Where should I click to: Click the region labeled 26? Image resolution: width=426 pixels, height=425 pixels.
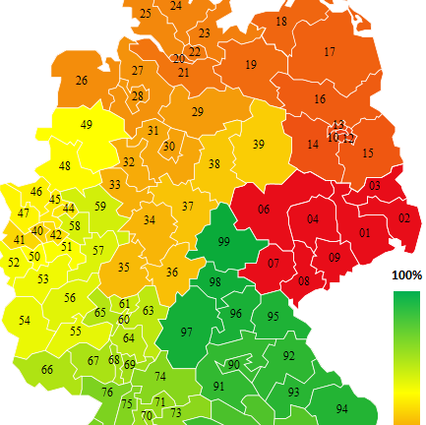pos(81,81)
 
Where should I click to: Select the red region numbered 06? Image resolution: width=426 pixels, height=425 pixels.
pos(264,210)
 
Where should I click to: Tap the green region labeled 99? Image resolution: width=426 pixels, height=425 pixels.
pos(224,242)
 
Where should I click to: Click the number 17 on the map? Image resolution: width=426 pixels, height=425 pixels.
pos(330,52)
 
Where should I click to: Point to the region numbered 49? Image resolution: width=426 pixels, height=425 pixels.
pos(87,125)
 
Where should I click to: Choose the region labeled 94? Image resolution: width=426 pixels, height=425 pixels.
pos(341,408)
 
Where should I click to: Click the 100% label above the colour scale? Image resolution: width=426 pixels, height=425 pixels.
pos(406,274)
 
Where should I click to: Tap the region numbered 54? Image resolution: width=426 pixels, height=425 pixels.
pos(25,321)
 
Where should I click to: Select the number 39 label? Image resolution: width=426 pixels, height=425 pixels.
pos(259,144)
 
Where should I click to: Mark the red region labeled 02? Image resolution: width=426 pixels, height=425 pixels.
pos(403,217)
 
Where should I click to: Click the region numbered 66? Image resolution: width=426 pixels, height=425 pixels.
pos(46,370)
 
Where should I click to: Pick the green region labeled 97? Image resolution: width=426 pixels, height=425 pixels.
pos(187,333)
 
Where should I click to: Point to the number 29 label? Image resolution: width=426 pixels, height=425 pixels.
pos(197,112)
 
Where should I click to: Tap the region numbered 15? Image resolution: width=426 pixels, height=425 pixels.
pos(368,153)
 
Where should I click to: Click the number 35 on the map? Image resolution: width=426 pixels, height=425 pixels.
pos(124,267)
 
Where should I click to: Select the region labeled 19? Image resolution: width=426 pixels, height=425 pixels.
pos(251,65)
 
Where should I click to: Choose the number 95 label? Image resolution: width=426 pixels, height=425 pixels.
pos(274,316)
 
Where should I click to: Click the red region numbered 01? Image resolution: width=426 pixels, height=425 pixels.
pos(364,233)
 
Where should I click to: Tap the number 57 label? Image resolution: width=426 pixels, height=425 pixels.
pos(98,250)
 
